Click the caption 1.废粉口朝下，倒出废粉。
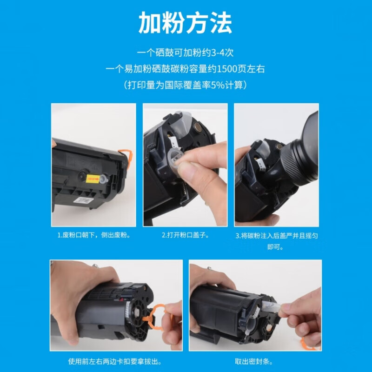93,235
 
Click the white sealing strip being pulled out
272,306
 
